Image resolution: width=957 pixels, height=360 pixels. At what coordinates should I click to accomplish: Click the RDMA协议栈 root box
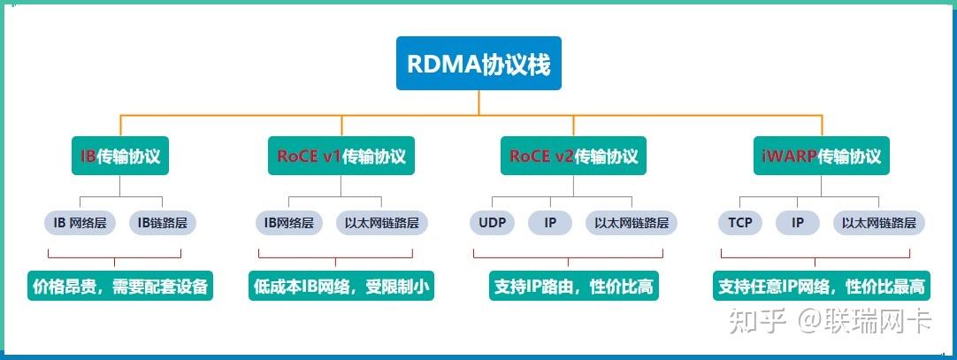coord(478,64)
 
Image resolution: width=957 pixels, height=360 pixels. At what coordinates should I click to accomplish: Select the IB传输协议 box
coord(120,157)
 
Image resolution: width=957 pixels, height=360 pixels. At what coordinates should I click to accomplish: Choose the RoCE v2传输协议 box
coord(573,157)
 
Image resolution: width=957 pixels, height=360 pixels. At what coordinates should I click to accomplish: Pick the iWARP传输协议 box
coord(822,157)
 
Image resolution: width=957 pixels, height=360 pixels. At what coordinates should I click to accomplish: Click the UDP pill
coord(493,223)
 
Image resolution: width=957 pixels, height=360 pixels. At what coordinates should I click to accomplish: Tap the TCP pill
coord(740,223)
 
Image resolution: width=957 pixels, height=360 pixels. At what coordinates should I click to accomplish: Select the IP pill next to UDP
coord(549,223)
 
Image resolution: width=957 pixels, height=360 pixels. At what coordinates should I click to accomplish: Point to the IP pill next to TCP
coord(797,223)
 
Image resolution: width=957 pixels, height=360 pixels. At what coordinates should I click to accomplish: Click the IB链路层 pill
coord(163,223)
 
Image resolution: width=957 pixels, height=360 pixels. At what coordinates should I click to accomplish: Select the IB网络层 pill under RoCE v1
coord(288,223)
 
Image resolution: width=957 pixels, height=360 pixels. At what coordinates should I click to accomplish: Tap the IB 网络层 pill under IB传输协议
coord(80,223)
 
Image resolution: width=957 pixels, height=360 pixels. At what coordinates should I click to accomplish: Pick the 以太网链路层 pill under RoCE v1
coord(382,223)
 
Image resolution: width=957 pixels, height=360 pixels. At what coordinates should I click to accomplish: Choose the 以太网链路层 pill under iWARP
coord(879,223)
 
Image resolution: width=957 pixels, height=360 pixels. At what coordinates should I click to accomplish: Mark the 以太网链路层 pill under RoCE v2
coord(632,223)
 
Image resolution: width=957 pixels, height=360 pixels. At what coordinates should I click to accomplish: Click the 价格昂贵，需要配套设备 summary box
coord(120,287)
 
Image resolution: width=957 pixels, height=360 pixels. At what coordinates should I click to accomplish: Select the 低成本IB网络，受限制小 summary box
coord(341,287)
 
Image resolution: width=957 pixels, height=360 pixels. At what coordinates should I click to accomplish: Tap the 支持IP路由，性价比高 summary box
coord(573,287)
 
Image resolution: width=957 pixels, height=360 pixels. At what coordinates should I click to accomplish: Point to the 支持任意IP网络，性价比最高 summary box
coord(822,287)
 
